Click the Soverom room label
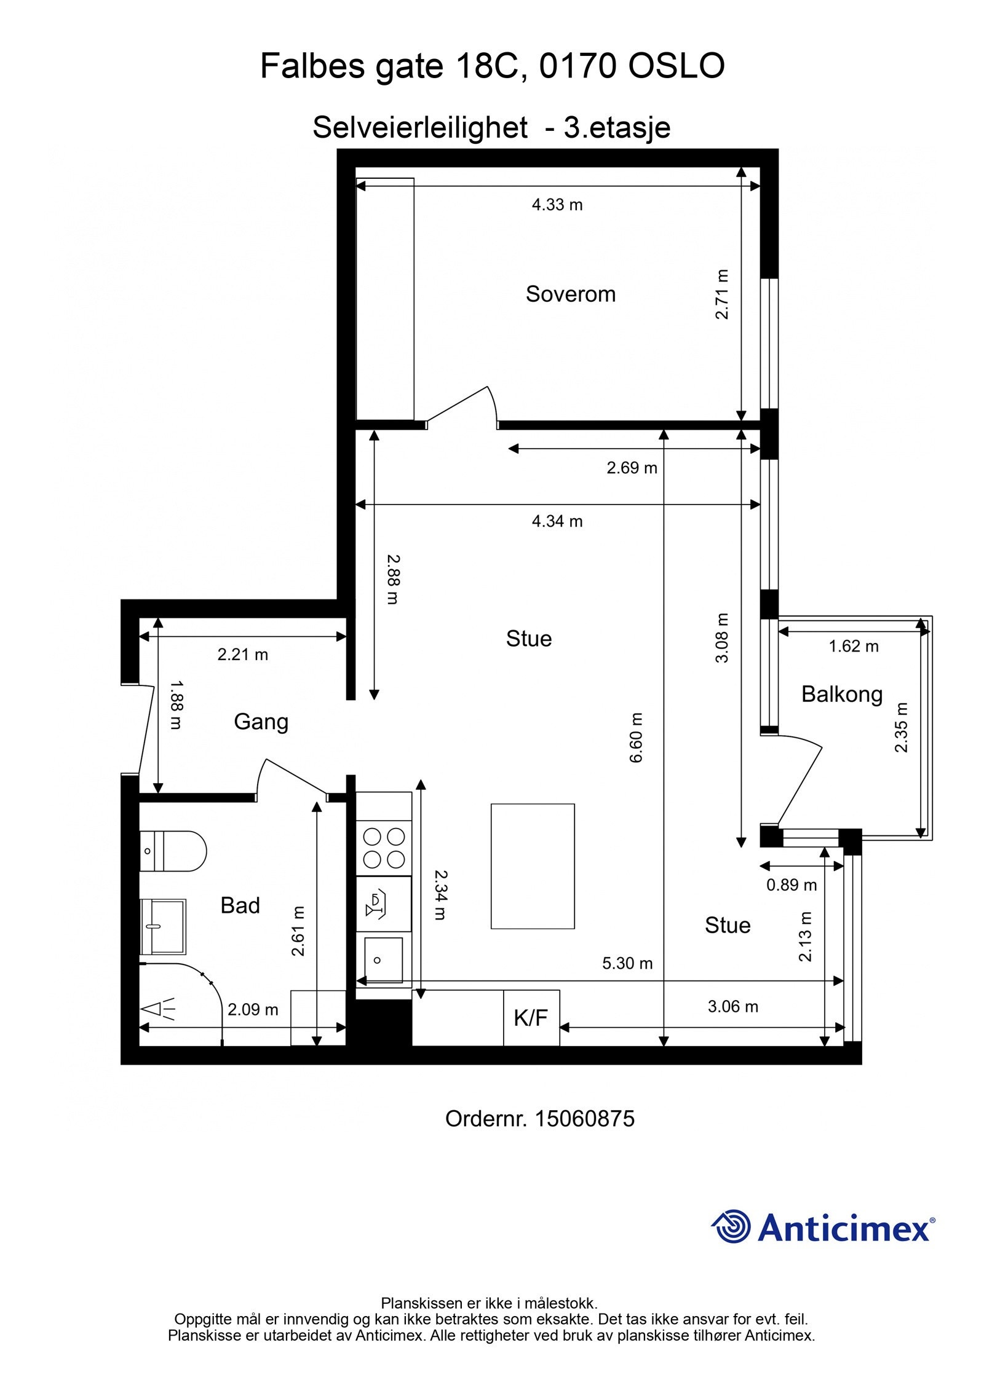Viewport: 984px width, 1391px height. [x=570, y=294]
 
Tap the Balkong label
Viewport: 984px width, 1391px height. [x=841, y=695]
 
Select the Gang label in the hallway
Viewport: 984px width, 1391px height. [x=261, y=722]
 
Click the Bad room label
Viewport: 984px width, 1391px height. [x=240, y=905]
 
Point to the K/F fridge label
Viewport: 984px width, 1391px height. [x=531, y=1018]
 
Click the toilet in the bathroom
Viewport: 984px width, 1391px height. [x=173, y=851]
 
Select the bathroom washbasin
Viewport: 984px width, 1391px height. [x=163, y=926]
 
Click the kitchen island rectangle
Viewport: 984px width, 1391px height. [x=533, y=866]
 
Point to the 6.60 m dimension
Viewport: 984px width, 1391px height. [x=635, y=738]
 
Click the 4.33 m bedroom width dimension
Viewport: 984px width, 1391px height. [x=557, y=205]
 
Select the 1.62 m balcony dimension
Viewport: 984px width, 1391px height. [x=854, y=646]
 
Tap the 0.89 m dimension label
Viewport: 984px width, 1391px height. [x=792, y=885]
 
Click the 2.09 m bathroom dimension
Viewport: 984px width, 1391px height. [x=253, y=1009]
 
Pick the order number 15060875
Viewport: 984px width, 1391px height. [x=584, y=1119]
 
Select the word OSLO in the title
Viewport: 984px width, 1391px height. [x=676, y=66]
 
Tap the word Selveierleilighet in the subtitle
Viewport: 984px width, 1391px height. [x=420, y=128]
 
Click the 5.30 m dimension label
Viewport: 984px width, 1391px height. [x=627, y=963]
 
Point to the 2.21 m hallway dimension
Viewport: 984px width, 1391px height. [x=243, y=655]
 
